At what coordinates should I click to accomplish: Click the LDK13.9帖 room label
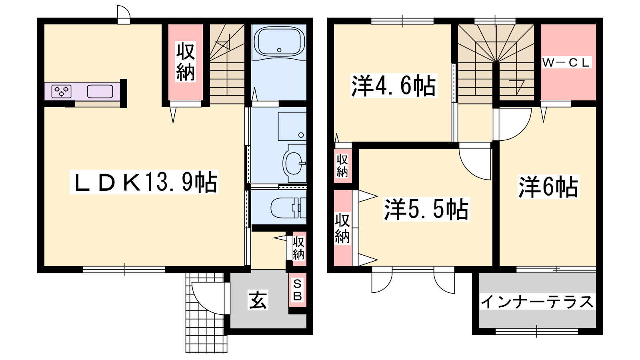144,182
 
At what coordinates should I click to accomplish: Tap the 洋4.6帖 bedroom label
394,86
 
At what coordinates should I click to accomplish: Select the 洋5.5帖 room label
426,209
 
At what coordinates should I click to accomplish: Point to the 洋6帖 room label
548,187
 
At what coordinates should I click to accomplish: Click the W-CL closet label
566,62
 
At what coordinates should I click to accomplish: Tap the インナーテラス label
537,302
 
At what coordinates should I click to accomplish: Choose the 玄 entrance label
258,300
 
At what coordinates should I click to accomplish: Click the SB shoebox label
298,290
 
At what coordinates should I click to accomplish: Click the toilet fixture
288,208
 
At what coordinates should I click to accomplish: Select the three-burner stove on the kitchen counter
61,92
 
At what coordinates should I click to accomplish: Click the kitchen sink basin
100,92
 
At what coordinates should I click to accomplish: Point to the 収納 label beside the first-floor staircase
186,62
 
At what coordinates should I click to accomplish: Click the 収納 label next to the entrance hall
298,248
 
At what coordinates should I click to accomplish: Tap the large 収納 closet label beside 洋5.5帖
342,228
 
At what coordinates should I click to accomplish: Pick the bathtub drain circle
279,50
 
